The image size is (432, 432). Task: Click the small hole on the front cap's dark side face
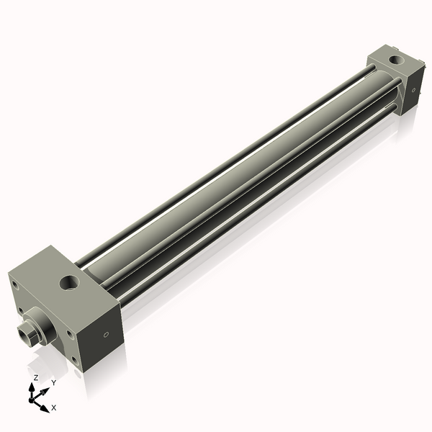(105, 335)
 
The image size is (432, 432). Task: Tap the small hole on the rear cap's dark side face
(414, 91)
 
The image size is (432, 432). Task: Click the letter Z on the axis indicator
(36, 377)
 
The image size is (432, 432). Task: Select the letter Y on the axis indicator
(53, 382)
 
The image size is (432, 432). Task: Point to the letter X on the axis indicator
(54, 408)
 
